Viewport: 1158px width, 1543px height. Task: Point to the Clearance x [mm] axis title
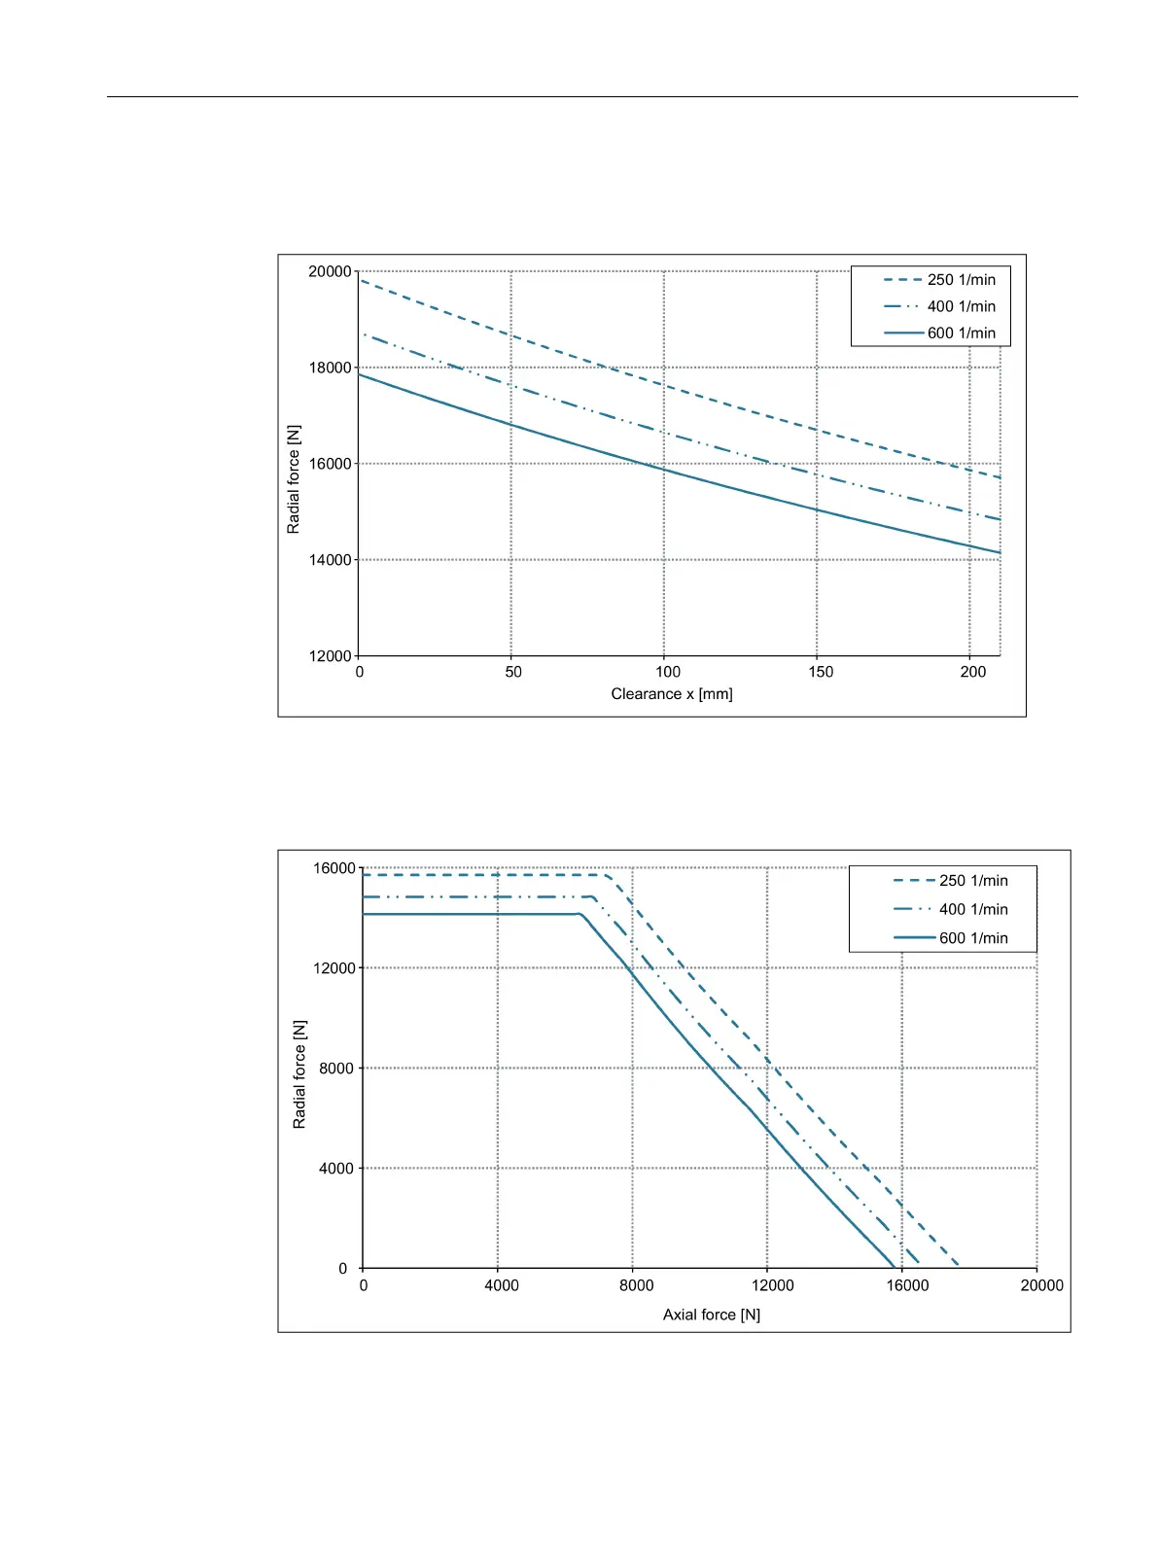pos(672,694)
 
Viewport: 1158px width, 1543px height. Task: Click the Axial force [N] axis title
pos(712,1315)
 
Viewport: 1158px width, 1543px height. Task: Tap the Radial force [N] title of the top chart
pos(294,479)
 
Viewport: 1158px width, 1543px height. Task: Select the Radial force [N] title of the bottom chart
pos(299,1074)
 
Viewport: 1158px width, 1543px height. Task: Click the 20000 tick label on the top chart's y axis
pos(330,272)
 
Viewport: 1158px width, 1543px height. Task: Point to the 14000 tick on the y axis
pos(330,560)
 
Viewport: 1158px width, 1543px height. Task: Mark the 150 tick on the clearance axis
pos(821,672)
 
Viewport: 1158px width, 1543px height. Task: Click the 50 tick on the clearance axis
pos(513,672)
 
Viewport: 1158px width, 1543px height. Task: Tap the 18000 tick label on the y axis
pos(330,368)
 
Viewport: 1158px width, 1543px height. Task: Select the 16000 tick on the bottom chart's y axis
pos(334,868)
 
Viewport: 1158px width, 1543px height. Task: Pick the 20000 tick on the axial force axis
pos(1041,1285)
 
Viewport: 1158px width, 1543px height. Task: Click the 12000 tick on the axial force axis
pos(772,1285)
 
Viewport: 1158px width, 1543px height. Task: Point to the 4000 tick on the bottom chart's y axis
pos(336,1169)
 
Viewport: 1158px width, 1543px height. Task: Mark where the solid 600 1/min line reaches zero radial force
pos(895,1267)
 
